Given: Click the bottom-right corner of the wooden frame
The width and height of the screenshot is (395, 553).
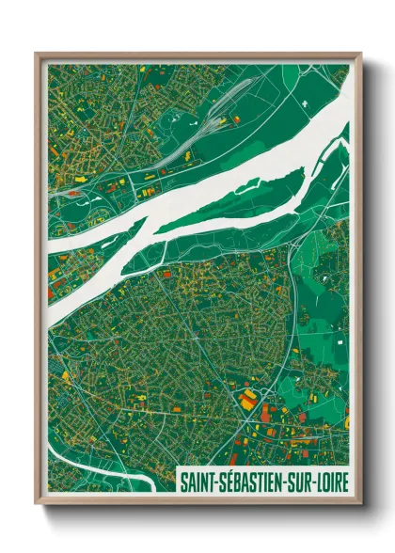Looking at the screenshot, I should [360, 504].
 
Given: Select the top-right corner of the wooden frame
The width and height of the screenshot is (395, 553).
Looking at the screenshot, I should [360, 54].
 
